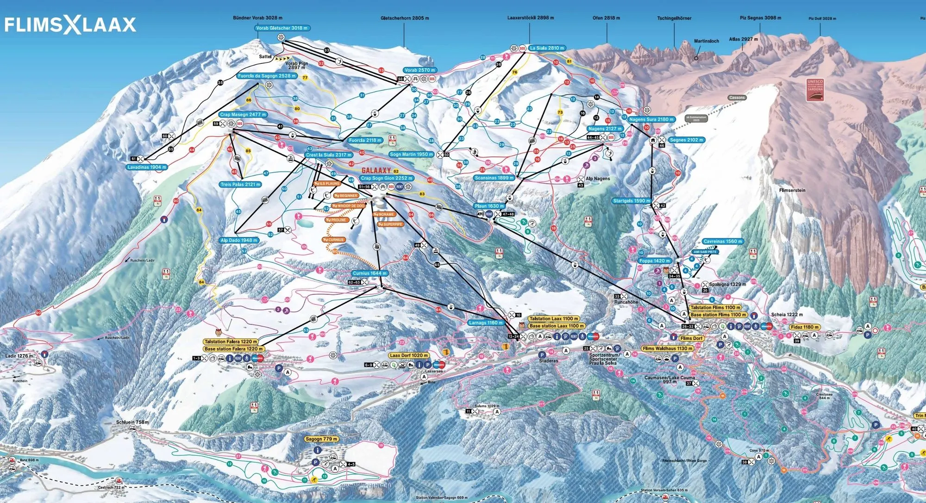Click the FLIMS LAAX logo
click(x=70, y=25)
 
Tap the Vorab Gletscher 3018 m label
click(x=282, y=28)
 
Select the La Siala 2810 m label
click(x=547, y=48)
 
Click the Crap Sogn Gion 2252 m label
click(x=387, y=178)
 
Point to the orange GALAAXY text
click(x=376, y=171)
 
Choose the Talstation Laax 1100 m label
click(x=554, y=319)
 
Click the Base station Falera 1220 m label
click(x=234, y=349)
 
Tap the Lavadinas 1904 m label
click(x=147, y=167)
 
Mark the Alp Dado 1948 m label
click(x=239, y=241)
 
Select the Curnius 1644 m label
click(x=369, y=273)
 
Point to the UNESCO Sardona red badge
click(x=815, y=90)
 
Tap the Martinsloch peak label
click(x=706, y=41)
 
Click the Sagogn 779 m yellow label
click(x=321, y=439)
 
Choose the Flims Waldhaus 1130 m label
click(x=667, y=349)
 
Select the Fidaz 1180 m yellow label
click(x=805, y=327)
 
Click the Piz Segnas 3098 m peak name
click(x=760, y=18)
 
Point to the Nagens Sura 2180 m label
click(x=651, y=119)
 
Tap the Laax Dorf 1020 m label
click(x=409, y=355)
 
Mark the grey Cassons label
click(x=737, y=98)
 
